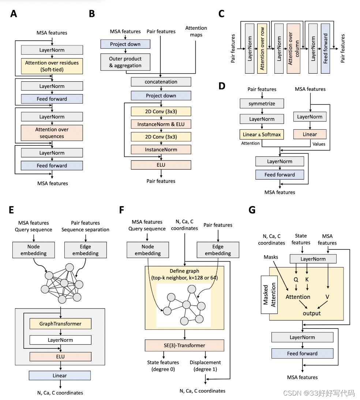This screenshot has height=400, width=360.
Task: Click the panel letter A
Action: click(14, 14)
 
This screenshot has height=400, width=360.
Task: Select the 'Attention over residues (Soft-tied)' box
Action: click(52, 66)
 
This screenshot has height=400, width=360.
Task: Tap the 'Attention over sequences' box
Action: click(52, 133)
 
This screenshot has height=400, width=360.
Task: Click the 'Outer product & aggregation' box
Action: click(125, 62)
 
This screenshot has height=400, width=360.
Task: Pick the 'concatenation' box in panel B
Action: click(161, 82)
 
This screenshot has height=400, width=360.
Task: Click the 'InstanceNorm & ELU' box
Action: click(161, 124)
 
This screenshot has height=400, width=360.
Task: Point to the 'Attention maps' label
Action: click(196, 31)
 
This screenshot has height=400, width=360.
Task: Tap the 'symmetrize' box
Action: click(262, 104)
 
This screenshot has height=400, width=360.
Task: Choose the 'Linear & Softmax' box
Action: click(262, 134)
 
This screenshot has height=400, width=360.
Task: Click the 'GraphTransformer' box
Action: click(60, 324)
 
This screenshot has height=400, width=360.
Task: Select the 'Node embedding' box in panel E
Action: click(33, 249)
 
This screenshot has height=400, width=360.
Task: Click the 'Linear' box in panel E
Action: click(60, 375)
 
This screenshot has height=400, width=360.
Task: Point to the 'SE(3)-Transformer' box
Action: click(184, 345)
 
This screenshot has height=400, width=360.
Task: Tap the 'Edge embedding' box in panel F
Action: click(218, 249)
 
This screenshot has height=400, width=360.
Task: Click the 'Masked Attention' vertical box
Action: click(269, 295)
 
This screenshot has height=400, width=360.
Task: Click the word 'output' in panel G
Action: click(312, 313)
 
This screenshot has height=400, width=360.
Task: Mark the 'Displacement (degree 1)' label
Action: click(205, 366)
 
